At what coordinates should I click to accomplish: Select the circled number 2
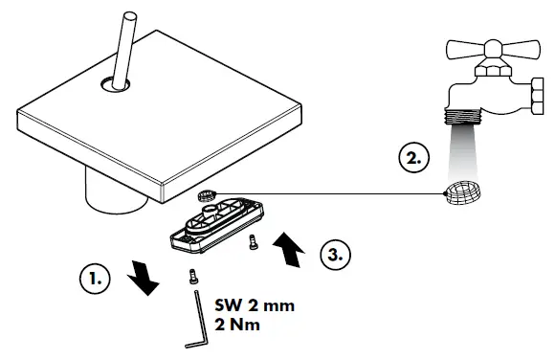click(412, 158)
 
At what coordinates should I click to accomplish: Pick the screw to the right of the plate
click(253, 242)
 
